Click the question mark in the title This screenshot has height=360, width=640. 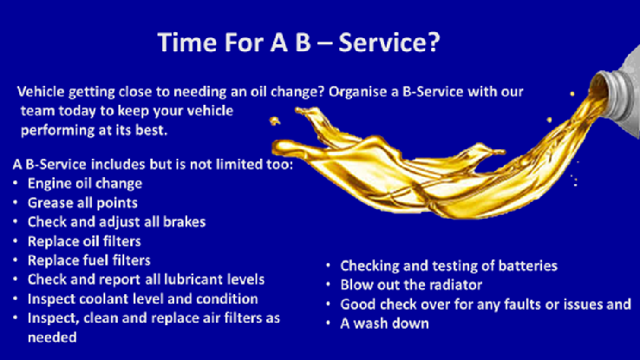click(x=433, y=43)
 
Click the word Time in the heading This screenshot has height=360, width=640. click(x=187, y=43)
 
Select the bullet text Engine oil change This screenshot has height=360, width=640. click(x=85, y=183)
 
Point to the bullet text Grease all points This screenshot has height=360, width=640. click(x=82, y=203)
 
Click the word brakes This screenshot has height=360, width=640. click(x=184, y=221)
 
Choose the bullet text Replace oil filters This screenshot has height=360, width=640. click(x=84, y=241)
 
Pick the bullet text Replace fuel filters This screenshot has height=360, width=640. click(x=89, y=260)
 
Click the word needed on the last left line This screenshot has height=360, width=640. click(x=52, y=337)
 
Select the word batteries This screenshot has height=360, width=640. click(x=528, y=265)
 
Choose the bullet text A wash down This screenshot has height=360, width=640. click(x=384, y=324)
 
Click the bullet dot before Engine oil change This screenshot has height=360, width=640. click(x=16, y=183)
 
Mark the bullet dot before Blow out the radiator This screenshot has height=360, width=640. click(x=329, y=285)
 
